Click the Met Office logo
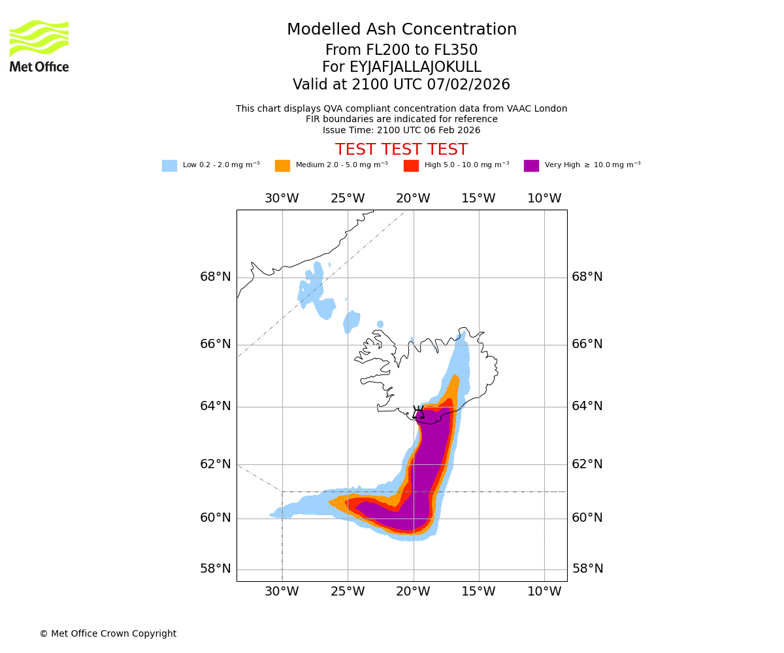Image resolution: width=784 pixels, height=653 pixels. tap(39, 46)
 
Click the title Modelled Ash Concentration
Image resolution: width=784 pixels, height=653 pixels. tap(401, 30)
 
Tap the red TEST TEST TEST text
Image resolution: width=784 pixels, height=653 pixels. tap(401, 150)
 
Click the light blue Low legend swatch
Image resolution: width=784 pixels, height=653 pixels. tap(169, 166)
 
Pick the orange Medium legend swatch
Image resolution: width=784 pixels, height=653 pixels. tap(282, 166)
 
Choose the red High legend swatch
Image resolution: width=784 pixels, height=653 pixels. tap(411, 166)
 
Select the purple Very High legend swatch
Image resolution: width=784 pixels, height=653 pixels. tap(531, 166)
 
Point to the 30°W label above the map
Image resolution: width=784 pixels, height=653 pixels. tap(282, 199)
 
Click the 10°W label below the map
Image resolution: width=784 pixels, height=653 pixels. tap(544, 592)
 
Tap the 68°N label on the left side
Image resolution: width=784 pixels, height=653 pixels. tap(216, 277)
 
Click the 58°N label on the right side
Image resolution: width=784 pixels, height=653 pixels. tap(587, 569)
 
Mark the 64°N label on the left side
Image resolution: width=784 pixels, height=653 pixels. tap(216, 406)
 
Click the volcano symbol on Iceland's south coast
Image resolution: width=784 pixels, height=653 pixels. tap(418, 413)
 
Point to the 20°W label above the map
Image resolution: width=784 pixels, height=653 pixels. tap(413, 199)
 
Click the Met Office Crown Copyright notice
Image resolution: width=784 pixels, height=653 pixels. tap(108, 634)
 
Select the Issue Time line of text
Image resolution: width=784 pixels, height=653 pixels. tap(401, 130)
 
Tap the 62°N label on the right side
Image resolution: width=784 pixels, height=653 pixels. tap(587, 464)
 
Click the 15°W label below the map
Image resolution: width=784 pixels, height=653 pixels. tap(478, 592)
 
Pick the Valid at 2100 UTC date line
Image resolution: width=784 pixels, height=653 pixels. tap(401, 85)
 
